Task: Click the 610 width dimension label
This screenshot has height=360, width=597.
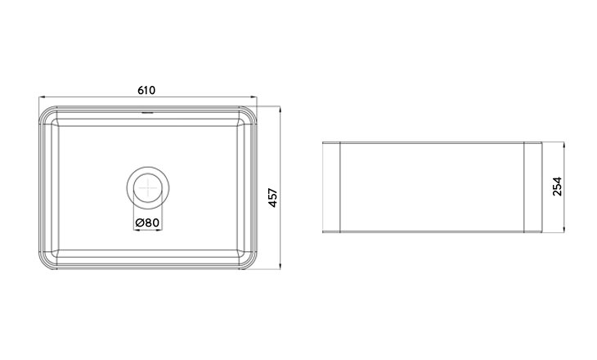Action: tap(146, 90)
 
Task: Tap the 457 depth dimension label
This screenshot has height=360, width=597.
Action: tap(273, 198)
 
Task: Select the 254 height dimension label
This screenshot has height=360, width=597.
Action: tap(557, 187)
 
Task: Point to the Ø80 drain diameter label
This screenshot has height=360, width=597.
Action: tap(147, 223)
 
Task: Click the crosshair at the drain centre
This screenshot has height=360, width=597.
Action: tap(148, 188)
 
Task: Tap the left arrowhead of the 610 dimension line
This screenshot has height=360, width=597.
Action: tap(43, 97)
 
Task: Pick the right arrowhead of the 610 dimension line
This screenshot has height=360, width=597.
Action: tap(254, 97)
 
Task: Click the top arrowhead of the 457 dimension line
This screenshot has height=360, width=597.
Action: tap(281, 110)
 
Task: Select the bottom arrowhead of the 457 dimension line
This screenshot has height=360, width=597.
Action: tap(281, 266)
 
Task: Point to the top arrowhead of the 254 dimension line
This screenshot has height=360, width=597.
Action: tap(563, 146)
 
